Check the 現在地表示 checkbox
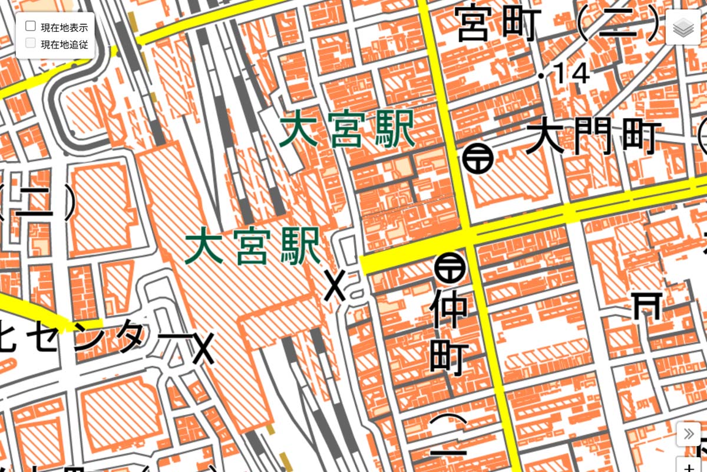(31, 26)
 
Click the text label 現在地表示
(64, 27)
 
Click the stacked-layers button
(683, 27)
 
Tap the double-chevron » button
(688, 434)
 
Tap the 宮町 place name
(498, 25)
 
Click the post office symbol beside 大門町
(477, 158)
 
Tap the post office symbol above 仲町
(450, 267)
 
